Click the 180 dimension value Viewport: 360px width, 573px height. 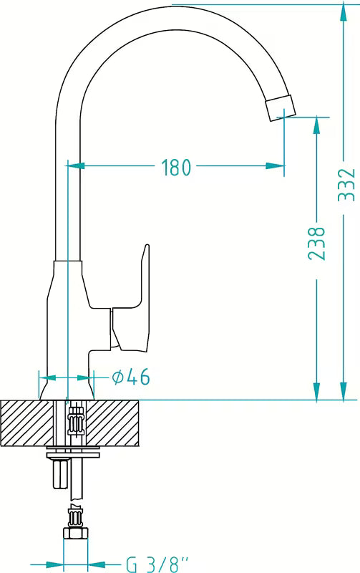point(176,167)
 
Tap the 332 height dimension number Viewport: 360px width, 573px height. point(346,185)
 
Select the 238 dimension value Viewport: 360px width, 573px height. point(316,244)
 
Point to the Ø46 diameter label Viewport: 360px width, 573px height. point(131,377)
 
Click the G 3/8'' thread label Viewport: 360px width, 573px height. point(157,564)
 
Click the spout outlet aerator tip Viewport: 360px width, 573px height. point(281,108)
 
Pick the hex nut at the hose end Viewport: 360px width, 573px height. point(76,533)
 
